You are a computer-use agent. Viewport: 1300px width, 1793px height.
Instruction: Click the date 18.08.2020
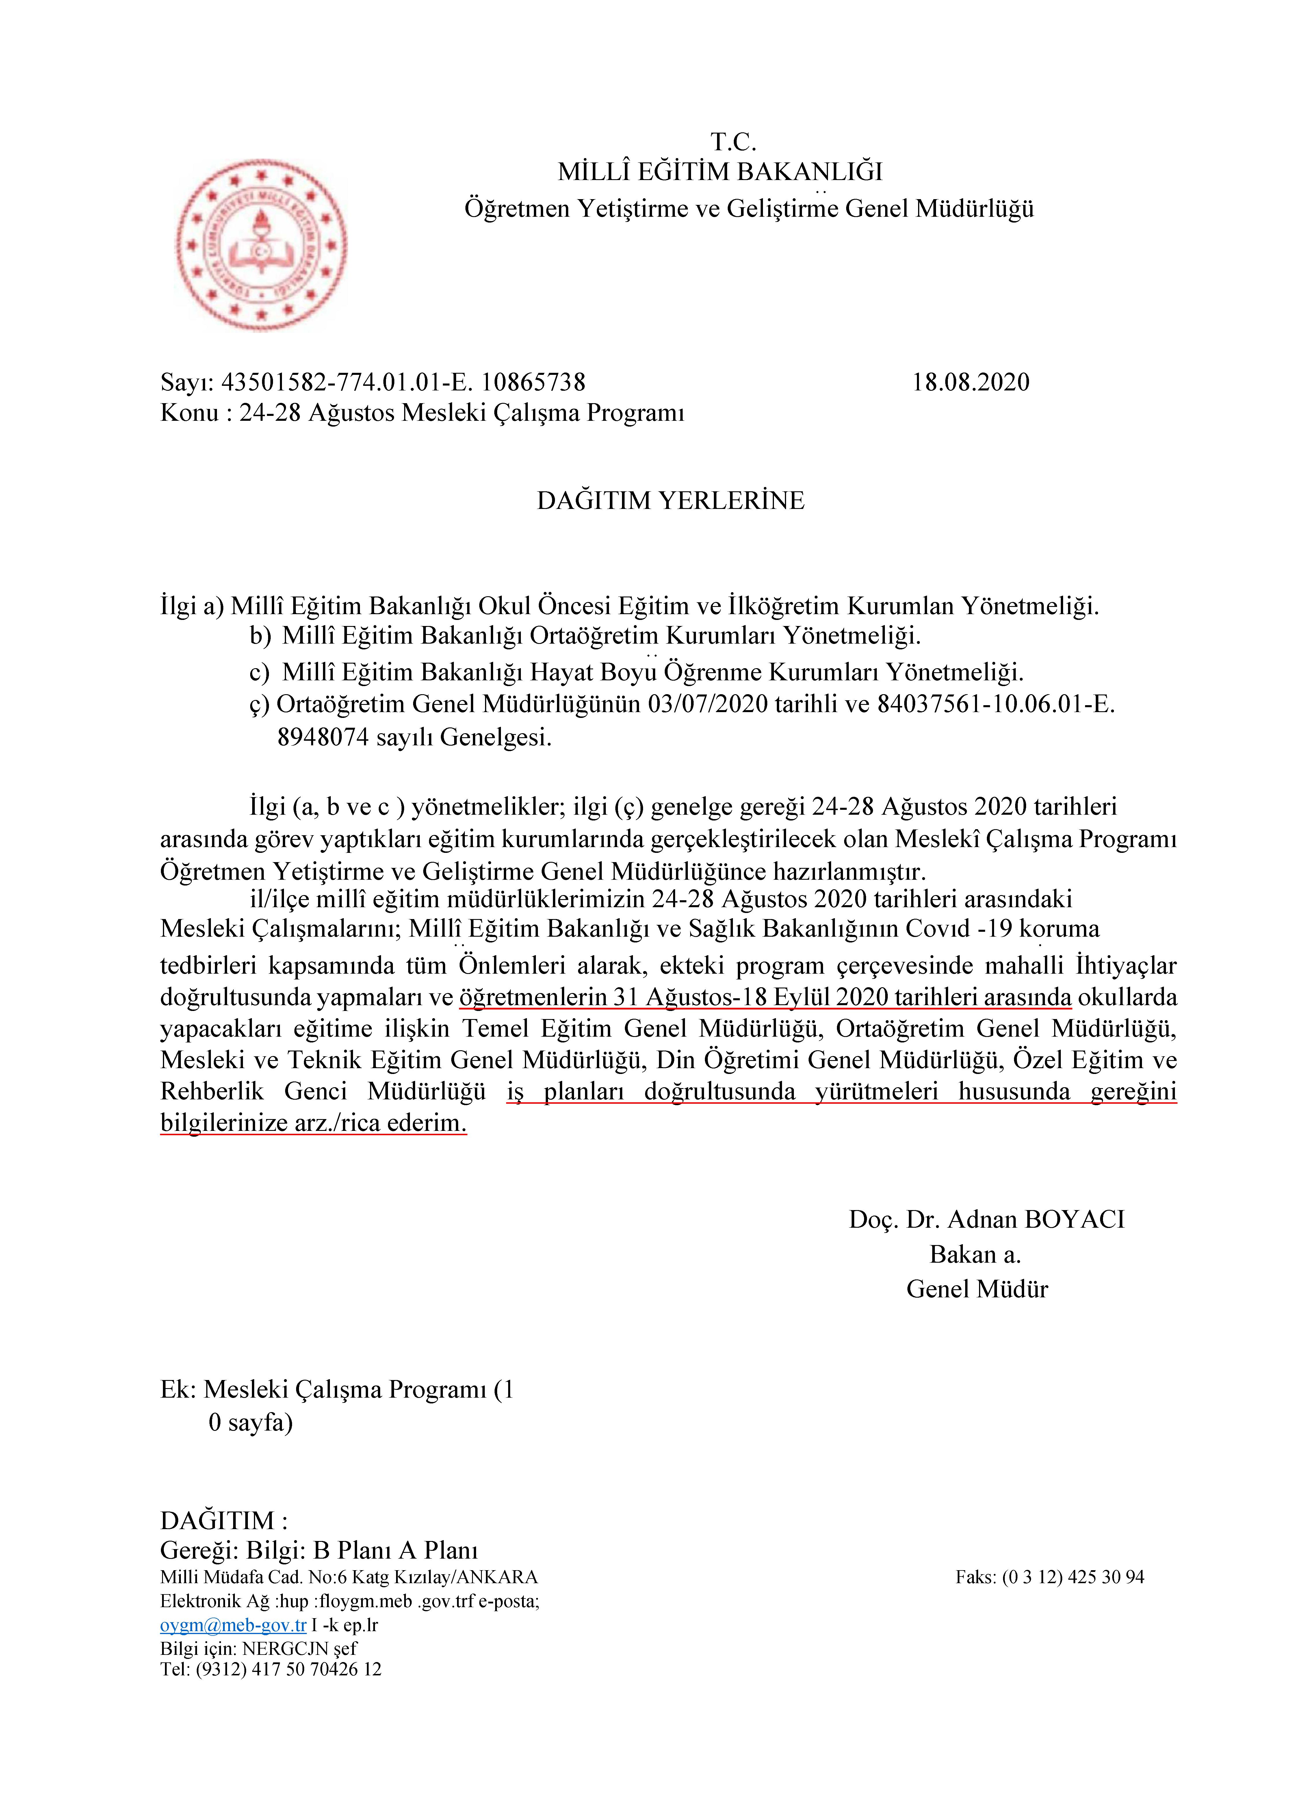coord(970,383)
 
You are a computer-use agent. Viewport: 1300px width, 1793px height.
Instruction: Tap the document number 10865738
coord(534,383)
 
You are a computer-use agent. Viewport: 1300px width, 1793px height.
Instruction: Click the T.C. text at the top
coord(733,142)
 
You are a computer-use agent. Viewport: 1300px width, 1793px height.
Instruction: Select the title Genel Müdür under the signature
coord(977,1290)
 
